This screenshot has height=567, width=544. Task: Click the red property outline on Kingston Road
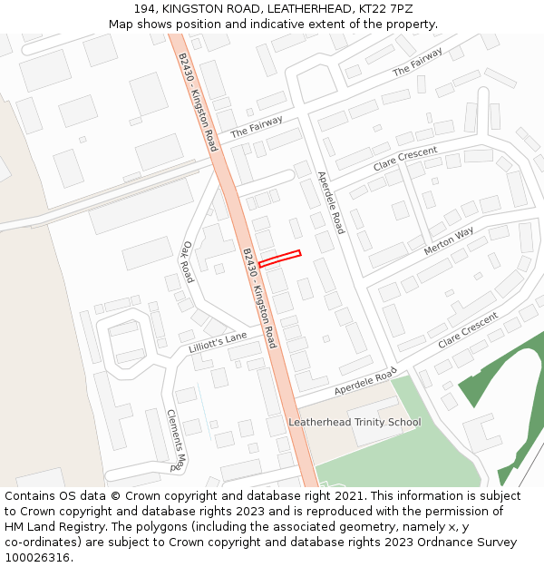[x=279, y=259]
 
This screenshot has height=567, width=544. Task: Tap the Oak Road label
[x=188, y=261]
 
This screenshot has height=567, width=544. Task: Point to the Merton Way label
[x=449, y=240]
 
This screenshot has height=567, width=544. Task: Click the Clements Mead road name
[x=176, y=440]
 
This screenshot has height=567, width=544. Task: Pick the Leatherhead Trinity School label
[x=355, y=422]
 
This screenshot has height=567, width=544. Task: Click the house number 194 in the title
[x=145, y=8]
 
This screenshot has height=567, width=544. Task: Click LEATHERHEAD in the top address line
[x=287, y=8]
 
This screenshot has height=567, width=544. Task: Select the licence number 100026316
[x=37, y=558]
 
